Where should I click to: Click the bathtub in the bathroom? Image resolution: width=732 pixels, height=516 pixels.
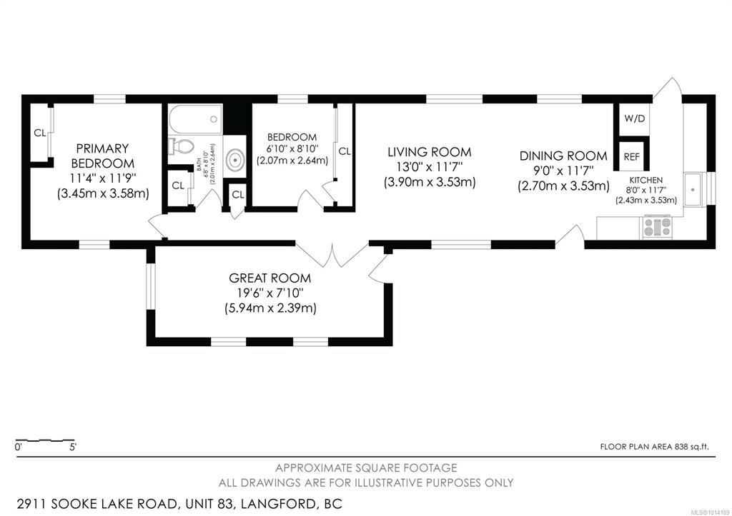[x=195, y=119]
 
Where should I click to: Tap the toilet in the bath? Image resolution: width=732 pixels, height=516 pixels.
[x=180, y=146]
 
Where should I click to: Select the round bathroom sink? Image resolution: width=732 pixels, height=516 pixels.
[x=234, y=159]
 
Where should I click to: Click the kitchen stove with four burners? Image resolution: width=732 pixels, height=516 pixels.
[x=658, y=227]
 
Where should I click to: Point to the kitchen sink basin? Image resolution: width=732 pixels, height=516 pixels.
[x=693, y=189]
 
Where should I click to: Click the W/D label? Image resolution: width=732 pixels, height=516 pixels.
[x=635, y=118]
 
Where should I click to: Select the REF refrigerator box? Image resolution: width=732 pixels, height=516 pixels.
[x=632, y=157]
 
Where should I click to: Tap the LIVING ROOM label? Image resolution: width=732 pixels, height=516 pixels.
[x=430, y=152]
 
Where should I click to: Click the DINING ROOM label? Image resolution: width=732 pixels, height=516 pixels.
[x=563, y=156]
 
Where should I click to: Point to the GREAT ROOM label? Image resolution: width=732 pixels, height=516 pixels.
[x=269, y=278]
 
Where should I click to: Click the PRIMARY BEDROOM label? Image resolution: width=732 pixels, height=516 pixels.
[x=103, y=156]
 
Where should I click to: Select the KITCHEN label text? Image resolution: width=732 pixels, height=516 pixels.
[x=646, y=180]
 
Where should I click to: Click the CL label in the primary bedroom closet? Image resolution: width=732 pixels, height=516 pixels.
[x=40, y=133]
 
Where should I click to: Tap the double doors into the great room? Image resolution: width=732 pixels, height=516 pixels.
[x=332, y=256]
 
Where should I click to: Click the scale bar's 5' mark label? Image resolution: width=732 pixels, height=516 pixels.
[x=73, y=447]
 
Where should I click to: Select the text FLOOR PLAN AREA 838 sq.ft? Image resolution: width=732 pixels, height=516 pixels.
[x=654, y=447]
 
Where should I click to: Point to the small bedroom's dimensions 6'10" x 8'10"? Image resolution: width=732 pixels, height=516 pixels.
[x=292, y=148]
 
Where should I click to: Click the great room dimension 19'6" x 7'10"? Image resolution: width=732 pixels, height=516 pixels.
[x=270, y=293]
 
